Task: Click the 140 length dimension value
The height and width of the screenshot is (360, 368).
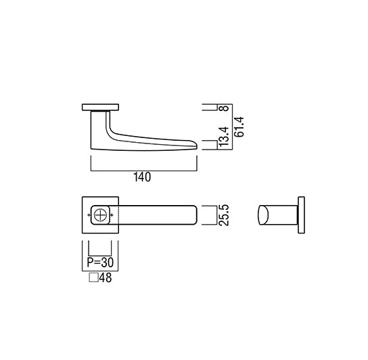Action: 142,177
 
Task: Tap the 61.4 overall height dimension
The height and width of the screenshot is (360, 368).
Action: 239,127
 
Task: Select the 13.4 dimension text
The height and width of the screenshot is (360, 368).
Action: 224,137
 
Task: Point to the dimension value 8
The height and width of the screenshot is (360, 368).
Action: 225,108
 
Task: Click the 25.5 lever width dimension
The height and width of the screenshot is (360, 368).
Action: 225,215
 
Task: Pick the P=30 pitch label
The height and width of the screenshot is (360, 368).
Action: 100,263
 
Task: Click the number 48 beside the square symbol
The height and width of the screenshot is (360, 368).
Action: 106,278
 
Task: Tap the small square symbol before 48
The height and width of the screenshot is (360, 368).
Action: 93,277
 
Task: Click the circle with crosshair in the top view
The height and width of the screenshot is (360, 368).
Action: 100,215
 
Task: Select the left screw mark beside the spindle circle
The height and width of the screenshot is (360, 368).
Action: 89,215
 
